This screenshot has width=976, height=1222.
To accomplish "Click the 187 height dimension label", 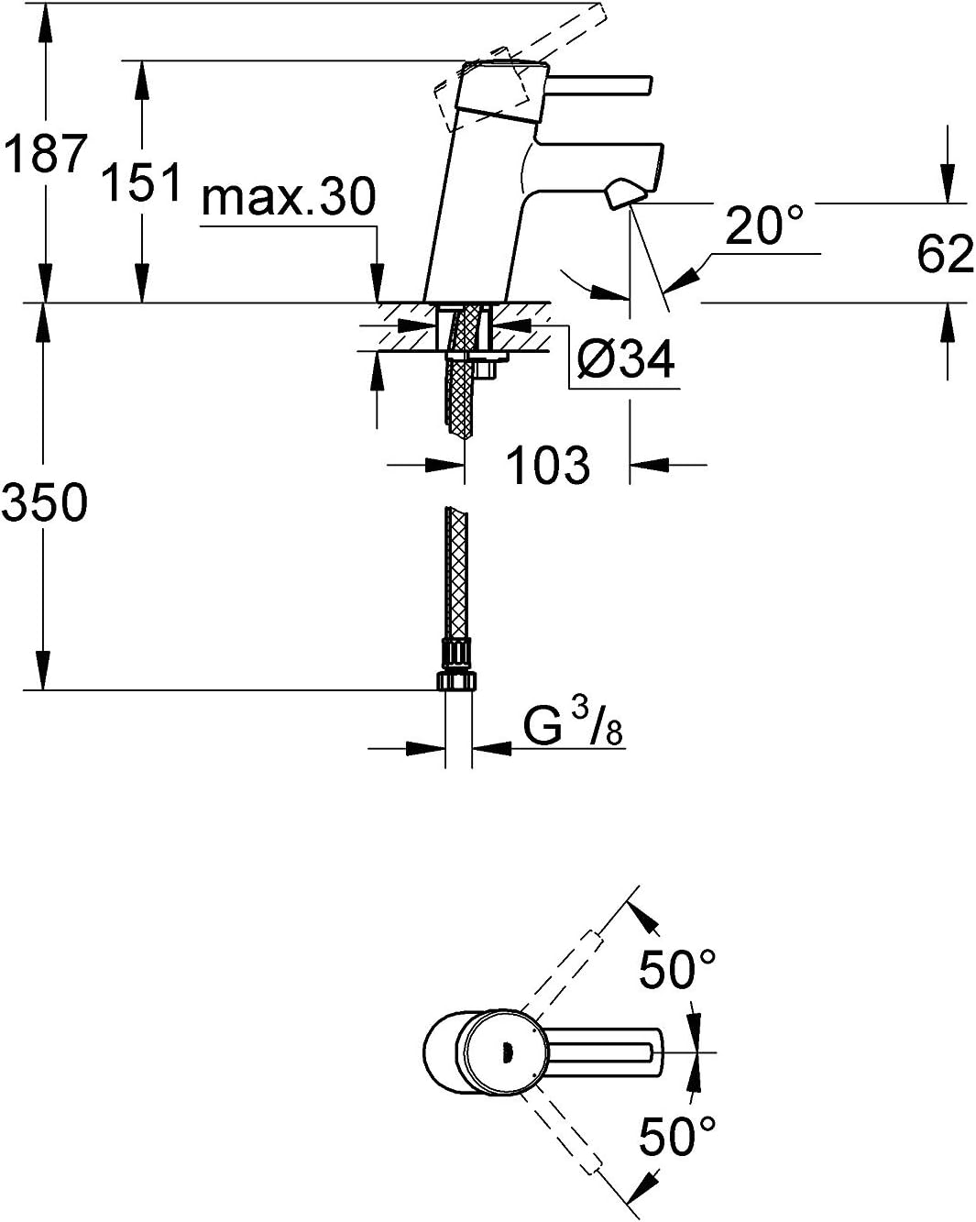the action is [x=46, y=154].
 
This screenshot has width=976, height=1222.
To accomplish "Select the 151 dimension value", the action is [x=141, y=182].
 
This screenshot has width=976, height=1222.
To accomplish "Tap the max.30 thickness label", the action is [x=289, y=196].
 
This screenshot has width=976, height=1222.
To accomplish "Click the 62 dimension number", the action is [x=944, y=254].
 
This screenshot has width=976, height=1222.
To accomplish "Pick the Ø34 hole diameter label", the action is [x=626, y=358].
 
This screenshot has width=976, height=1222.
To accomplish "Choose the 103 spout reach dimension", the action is [x=548, y=465].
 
